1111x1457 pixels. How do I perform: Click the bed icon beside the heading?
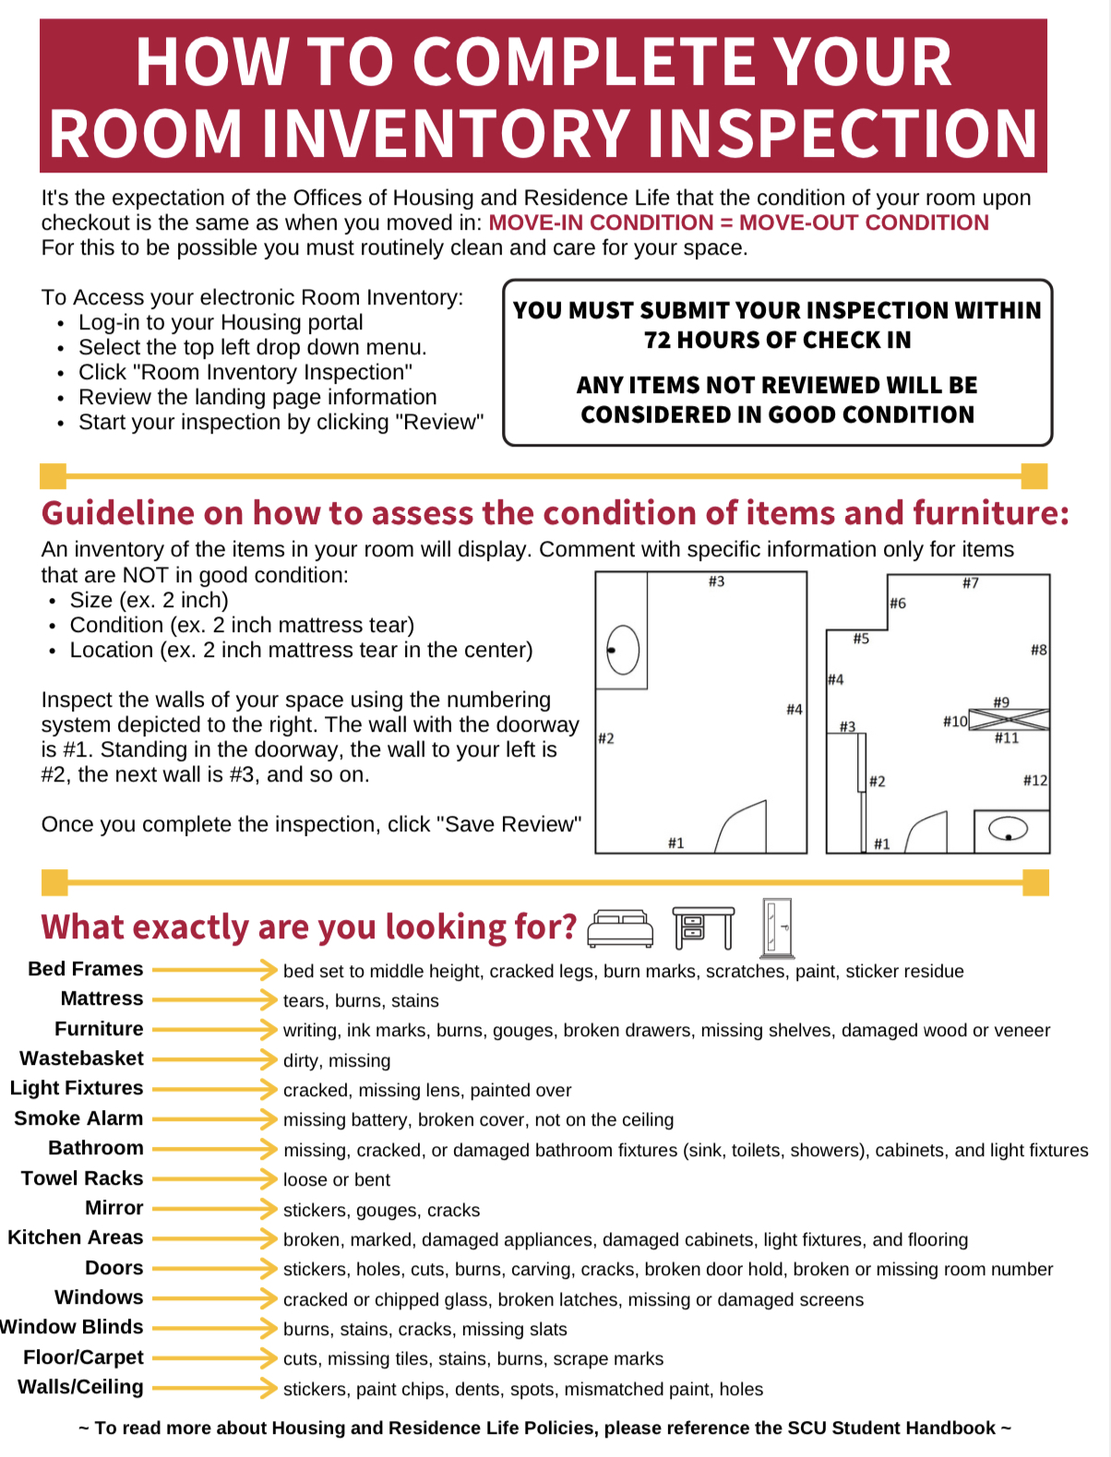(x=620, y=928)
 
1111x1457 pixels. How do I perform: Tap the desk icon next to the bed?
(x=703, y=927)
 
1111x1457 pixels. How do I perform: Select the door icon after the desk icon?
(x=777, y=927)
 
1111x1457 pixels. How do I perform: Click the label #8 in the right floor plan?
(x=1038, y=650)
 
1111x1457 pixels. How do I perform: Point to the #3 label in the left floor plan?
(x=716, y=581)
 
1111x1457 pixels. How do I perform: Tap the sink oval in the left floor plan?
(x=623, y=650)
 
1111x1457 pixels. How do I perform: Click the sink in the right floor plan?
(x=1009, y=829)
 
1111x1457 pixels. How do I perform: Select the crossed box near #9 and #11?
(x=1008, y=720)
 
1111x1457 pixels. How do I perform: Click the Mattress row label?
(x=102, y=998)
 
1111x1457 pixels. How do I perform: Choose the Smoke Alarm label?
(x=78, y=1118)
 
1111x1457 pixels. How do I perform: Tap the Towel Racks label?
(x=82, y=1178)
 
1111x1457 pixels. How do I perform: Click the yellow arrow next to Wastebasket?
(x=214, y=1059)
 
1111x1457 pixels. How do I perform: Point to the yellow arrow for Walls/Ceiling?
(x=214, y=1388)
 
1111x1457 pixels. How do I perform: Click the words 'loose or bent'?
(x=336, y=1180)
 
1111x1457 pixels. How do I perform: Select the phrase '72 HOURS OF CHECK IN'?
(x=777, y=340)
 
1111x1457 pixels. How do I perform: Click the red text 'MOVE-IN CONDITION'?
(x=601, y=222)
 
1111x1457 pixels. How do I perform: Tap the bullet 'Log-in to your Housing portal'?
(x=221, y=322)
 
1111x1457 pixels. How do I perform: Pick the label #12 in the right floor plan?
(x=1034, y=781)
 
